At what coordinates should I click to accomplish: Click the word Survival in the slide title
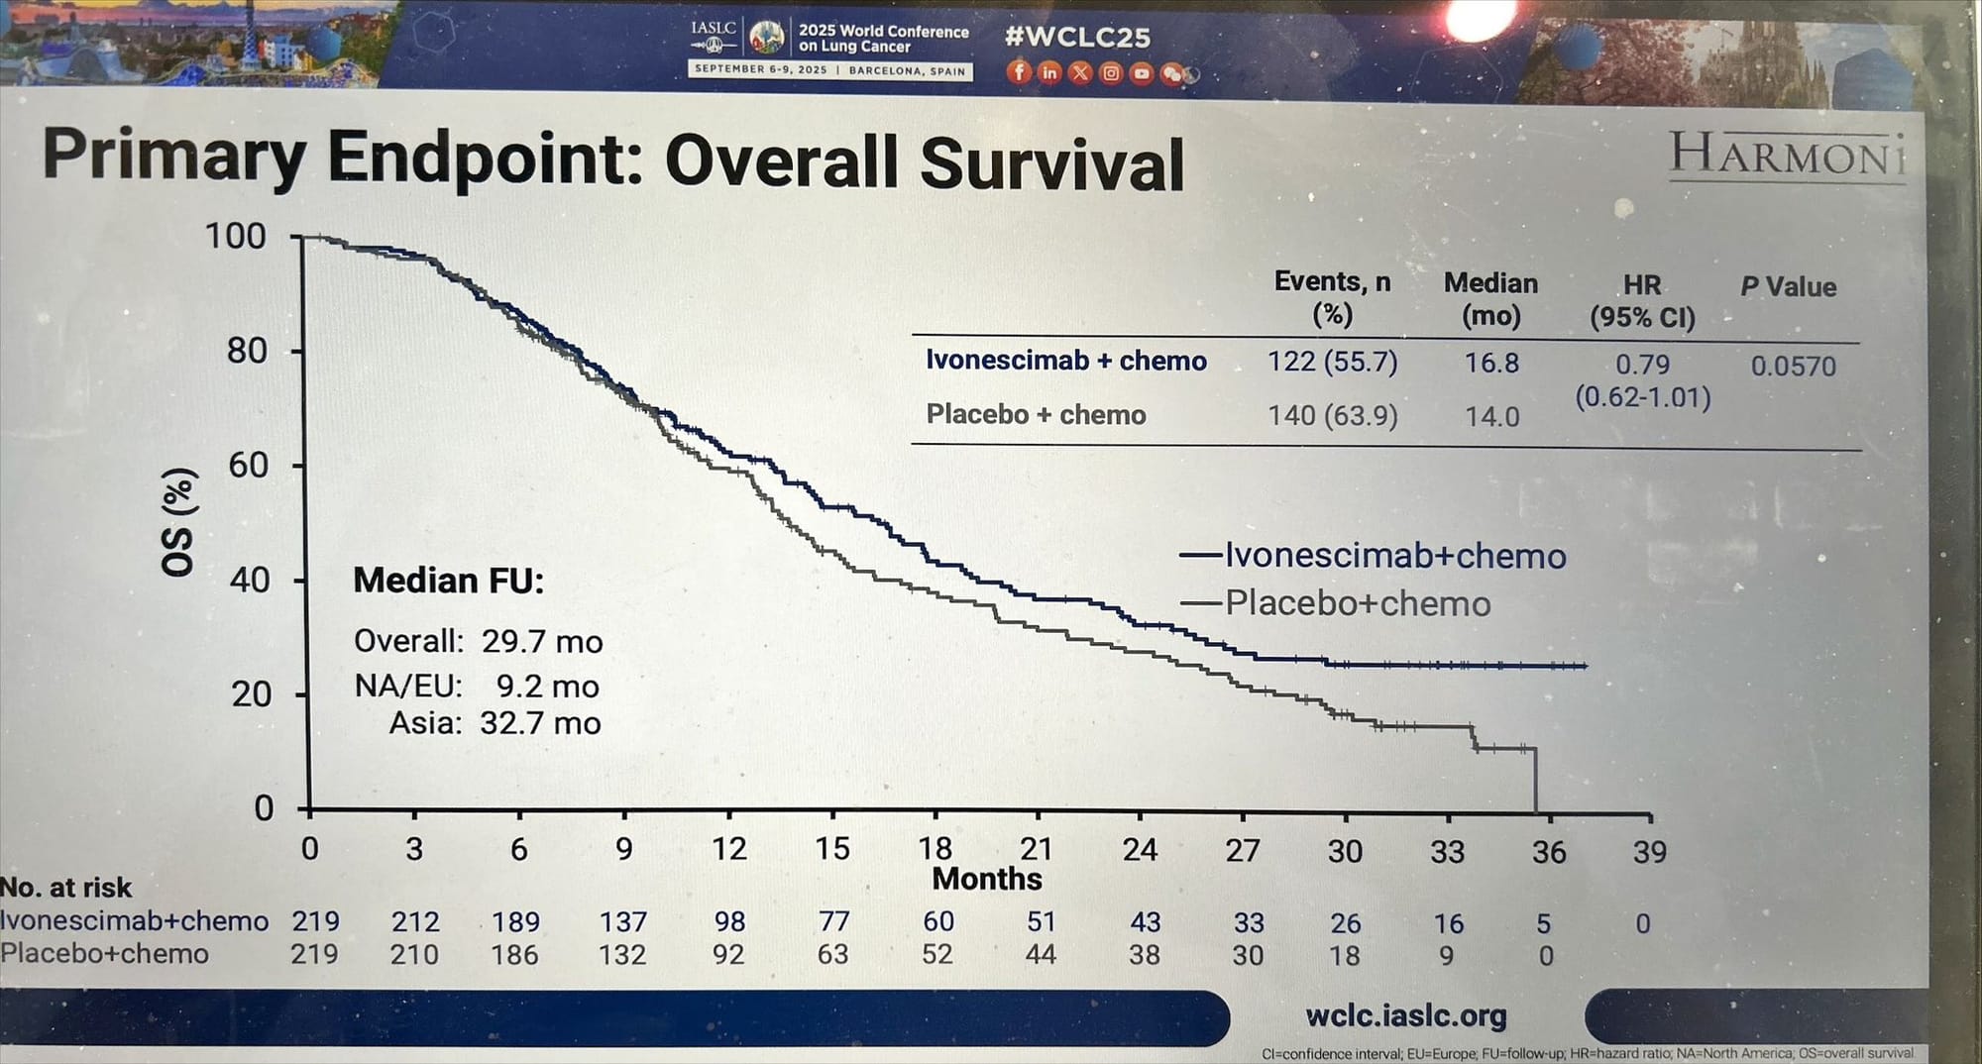[x=1051, y=164]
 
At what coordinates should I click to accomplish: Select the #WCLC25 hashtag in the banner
[x=1077, y=38]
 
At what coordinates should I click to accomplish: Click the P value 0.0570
[x=1793, y=366]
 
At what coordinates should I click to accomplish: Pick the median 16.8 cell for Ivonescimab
[x=1491, y=363]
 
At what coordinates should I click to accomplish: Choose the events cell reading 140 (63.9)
[x=1333, y=415]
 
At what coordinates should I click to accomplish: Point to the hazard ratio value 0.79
[x=1642, y=365]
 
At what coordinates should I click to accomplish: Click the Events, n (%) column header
[x=1332, y=297]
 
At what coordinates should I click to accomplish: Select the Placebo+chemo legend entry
[x=1357, y=603]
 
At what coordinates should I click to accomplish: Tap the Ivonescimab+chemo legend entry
[x=1394, y=556]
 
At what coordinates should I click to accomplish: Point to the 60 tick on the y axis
[x=248, y=465]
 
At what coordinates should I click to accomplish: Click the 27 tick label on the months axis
[x=1242, y=850]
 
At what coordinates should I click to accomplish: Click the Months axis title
[x=987, y=879]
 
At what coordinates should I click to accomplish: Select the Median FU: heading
[x=448, y=581]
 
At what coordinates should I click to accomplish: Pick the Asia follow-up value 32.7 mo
[x=540, y=723]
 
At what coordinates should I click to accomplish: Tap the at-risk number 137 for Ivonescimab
[x=622, y=922]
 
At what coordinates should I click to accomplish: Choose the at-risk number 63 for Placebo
[x=832, y=954]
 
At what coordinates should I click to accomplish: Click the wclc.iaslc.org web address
[x=1405, y=1015]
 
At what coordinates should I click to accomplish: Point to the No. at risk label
[x=66, y=888]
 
